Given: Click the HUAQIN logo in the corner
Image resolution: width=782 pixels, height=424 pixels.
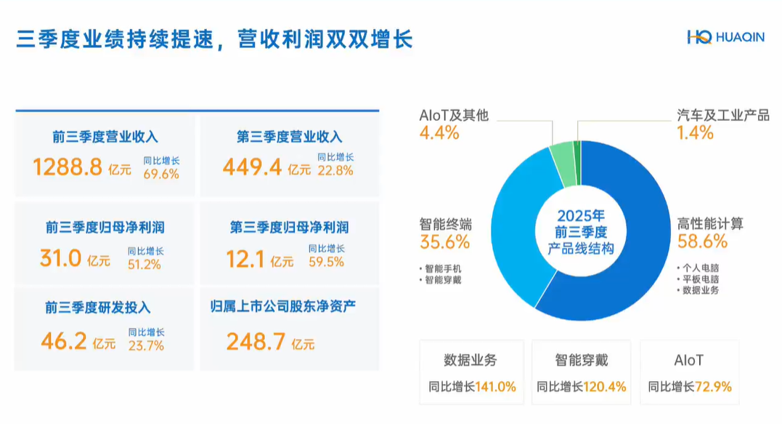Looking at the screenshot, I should click(x=725, y=37).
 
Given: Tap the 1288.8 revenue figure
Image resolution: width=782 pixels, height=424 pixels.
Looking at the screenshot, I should click(x=68, y=168).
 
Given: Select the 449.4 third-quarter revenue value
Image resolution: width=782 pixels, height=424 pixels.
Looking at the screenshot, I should click(x=252, y=168).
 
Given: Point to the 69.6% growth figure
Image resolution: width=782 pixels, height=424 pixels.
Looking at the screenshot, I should click(x=161, y=173).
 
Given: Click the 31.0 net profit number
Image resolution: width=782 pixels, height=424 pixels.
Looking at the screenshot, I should click(x=60, y=257).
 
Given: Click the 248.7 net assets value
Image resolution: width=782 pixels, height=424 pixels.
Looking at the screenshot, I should click(x=255, y=341).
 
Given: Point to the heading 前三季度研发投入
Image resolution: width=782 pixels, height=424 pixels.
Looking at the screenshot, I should click(x=98, y=308).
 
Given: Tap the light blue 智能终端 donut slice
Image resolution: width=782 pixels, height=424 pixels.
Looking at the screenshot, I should click(x=512, y=233).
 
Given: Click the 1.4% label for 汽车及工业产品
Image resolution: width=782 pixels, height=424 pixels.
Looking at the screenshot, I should click(x=695, y=133).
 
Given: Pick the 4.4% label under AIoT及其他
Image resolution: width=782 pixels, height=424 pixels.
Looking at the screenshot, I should click(x=439, y=133).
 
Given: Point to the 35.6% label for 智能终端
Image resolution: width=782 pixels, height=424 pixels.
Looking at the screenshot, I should click(x=444, y=242).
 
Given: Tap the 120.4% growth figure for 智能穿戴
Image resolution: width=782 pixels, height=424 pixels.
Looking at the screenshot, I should click(x=606, y=387).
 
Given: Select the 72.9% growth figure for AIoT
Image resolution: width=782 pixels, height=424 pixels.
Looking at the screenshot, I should click(x=714, y=387).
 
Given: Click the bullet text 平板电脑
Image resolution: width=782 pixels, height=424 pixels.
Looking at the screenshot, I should click(x=701, y=279).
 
